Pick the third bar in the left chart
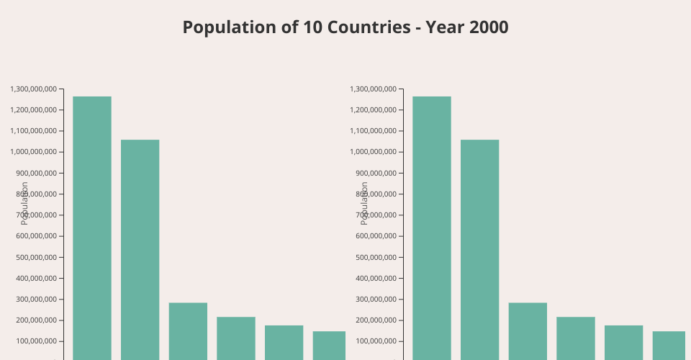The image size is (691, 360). tap(188, 330)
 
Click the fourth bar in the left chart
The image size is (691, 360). tap(236, 338)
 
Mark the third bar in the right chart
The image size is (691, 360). tap(528, 330)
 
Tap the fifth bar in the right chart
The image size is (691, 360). tap(623, 342)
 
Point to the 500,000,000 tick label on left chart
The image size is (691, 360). tap(36, 257)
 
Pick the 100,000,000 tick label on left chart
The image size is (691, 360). tap(36, 341)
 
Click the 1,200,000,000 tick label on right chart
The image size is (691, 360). tap(373, 110)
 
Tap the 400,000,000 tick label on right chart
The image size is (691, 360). tap(376, 278)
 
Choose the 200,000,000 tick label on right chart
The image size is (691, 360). tap(376, 320)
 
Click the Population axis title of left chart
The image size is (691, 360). tap(24, 203)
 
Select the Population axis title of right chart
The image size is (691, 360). tap(364, 203)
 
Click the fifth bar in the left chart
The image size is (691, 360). tap(284, 342)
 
